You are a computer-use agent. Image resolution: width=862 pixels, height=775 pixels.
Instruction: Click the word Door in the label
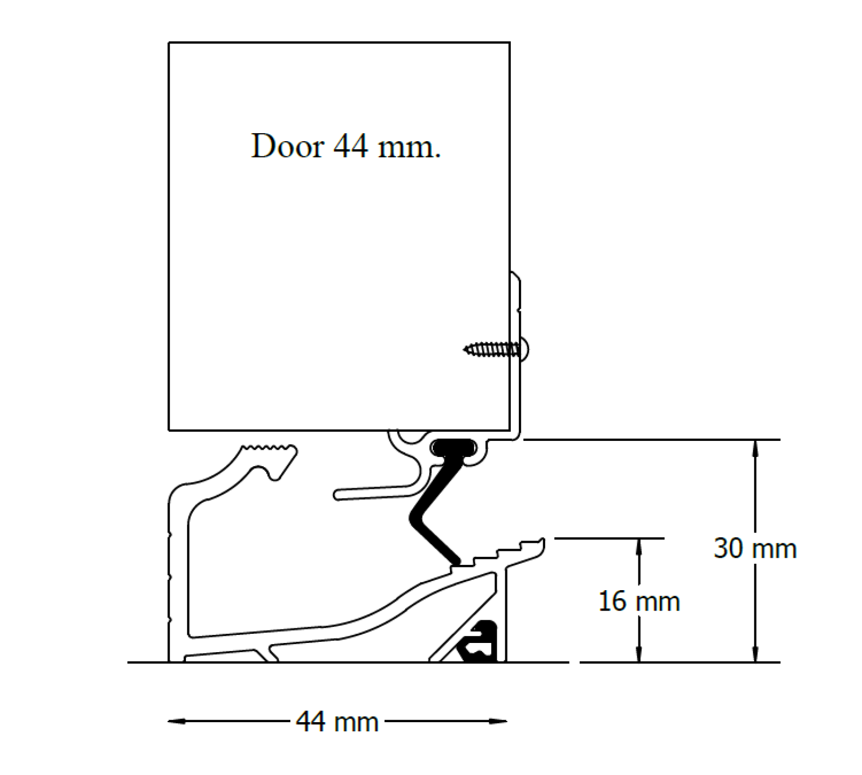pyautogui.click(x=288, y=146)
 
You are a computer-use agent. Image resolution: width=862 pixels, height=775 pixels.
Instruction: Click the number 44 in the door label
pyautogui.click(x=351, y=146)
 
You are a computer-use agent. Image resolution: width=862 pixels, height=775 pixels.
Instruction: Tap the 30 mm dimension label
pyautogui.click(x=755, y=549)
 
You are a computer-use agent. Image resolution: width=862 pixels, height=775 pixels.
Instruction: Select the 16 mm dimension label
pyautogui.click(x=639, y=601)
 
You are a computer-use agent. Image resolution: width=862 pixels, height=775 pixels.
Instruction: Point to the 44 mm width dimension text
pyautogui.click(x=337, y=722)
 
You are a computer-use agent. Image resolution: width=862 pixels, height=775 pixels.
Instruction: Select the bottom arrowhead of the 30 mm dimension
pyautogui.click(x=755, y=654)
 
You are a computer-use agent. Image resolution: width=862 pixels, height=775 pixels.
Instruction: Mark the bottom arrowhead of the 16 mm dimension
pyautogui.click(x=639, y=654)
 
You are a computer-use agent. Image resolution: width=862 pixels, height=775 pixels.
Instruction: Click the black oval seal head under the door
pyautogui.click(x=454, y=447)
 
